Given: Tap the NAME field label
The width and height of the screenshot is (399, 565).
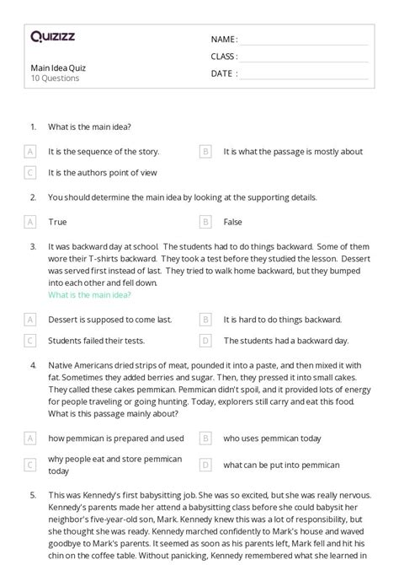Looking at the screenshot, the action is (x=224, y=39).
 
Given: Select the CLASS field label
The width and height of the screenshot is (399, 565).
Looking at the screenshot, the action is (x=224, y=56).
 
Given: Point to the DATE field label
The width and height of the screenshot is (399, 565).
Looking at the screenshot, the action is (x=223, y=73).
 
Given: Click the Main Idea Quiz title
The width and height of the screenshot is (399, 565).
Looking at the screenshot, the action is (x=58, y=67).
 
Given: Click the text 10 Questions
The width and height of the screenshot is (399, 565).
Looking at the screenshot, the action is (x=55, y=78).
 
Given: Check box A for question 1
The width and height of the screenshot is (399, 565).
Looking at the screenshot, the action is (x=30, y=152).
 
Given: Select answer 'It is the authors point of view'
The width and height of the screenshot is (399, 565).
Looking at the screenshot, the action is (x=103, y=173).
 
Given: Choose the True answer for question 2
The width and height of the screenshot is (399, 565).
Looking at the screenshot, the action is (x=57, y=222).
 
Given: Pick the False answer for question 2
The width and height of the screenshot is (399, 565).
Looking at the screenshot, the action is (x=232, y=222).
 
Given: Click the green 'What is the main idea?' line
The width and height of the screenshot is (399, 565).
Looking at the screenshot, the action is (x=89, y=295).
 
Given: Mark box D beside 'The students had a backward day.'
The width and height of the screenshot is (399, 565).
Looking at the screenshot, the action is (x=205, y=341).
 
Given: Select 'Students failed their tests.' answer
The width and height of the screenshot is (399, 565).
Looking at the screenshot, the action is (x=97, y=341).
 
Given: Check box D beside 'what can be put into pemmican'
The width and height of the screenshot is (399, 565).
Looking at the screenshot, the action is (x=205, y=464).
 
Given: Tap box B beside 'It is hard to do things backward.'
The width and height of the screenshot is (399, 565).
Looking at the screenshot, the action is (x=205, y=320).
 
